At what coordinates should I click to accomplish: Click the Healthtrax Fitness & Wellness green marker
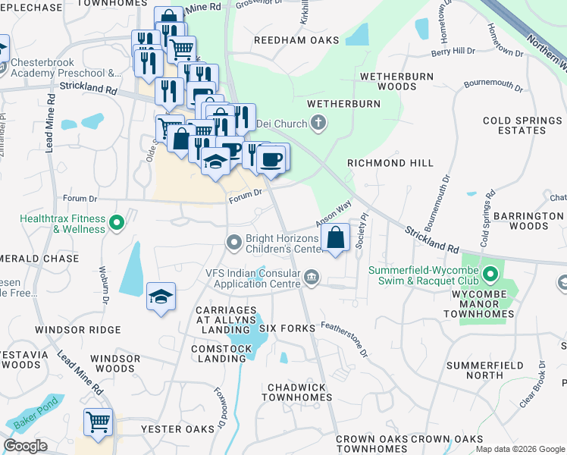116,223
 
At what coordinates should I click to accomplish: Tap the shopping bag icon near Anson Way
335,237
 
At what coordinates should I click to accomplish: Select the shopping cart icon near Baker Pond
98,422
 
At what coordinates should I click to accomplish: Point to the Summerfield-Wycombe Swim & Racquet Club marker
490,273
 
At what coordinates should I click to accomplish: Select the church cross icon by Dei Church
318,123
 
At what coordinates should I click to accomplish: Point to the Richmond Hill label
390,163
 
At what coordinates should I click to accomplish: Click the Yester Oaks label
178,429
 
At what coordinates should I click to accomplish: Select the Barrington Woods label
528,221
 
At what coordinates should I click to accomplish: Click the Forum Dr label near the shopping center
245,193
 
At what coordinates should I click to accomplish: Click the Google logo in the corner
25,445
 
